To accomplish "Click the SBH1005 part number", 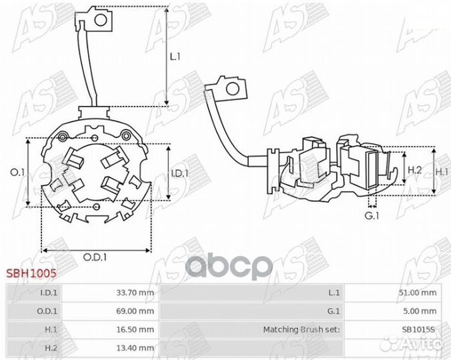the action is click(31, 273).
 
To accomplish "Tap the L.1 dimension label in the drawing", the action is click(175, 57).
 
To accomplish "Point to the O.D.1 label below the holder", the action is click(95, 257).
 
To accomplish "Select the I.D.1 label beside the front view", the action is click(179, 173).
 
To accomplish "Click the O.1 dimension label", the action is click(17, 172).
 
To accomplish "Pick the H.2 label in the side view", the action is click(415, 170).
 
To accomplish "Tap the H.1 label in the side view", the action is click(442, 172).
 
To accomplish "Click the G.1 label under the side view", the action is click(372, 215).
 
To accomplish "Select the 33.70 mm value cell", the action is click(135, 293).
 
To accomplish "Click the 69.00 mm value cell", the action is click(135, 311).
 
